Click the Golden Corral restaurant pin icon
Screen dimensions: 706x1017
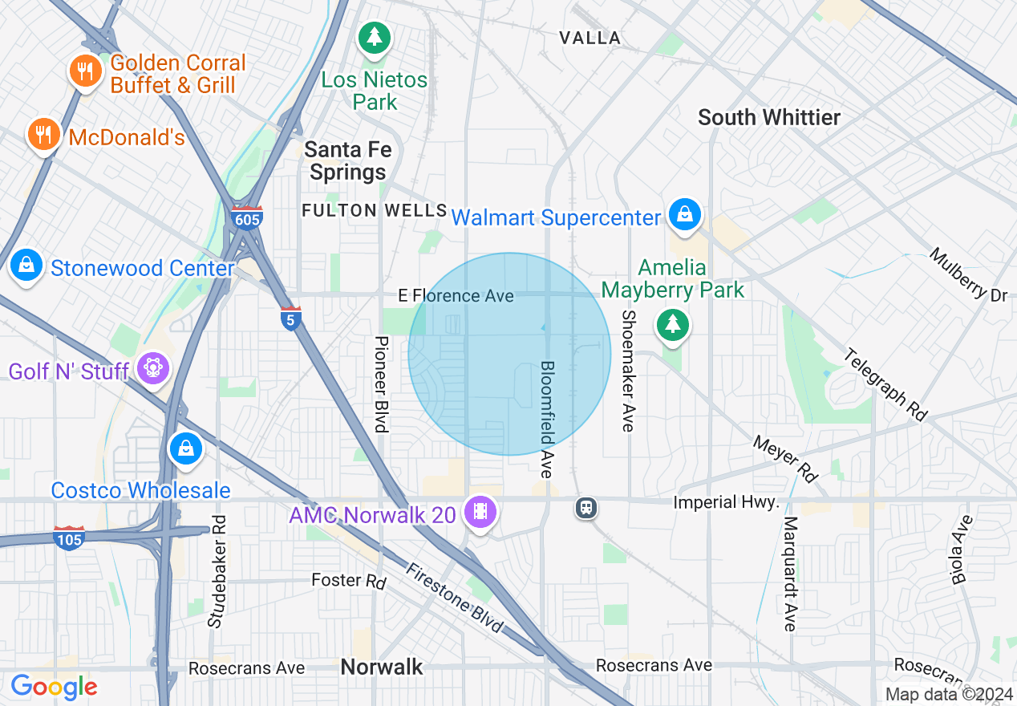pos(84,71)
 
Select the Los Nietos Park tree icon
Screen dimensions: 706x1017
pos(374,36)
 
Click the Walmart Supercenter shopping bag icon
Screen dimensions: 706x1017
pos(685,214)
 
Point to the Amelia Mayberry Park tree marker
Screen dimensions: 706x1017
pos(672,325)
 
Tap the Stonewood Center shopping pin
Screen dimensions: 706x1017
pos(26,265)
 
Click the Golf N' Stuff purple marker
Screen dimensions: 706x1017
pos(152,368)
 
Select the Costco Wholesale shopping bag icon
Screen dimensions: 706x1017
pos(186,448)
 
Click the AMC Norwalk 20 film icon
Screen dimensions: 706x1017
pos(480,510)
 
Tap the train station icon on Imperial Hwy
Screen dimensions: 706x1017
pos(586,507)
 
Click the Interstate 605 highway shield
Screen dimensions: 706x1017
pos(246,218)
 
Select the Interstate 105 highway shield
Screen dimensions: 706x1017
pos(69,538)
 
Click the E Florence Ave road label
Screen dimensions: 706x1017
pos(456,296)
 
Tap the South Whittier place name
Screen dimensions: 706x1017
pos(768,117)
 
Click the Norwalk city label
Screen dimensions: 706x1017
pos(381,667)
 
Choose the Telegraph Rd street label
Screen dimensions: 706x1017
pos(885,385)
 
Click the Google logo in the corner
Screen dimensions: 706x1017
pos(54,687)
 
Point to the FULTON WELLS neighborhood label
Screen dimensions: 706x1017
pos(374,210)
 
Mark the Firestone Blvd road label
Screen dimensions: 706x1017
pos(454,598)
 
